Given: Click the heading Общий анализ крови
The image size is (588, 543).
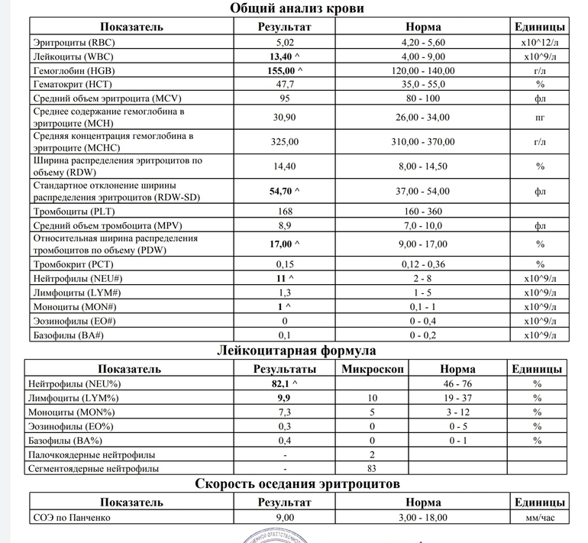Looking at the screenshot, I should click(x=296, y=8).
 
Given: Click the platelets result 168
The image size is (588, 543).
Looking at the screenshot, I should click(x=285, y=212).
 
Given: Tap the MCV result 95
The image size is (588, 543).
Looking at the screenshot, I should click(x=285, y=99).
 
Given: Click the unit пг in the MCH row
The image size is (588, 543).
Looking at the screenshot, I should click(x=540, y=118).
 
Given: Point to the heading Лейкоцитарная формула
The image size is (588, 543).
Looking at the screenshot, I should click(x=297, y=351).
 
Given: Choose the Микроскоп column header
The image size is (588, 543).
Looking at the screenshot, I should click(x=372, y=369).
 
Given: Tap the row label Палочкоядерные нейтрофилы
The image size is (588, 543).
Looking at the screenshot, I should click(x=95, y=454).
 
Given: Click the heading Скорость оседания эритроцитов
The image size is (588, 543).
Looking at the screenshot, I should click(x=297, y=484).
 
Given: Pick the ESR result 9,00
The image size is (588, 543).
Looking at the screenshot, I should click(x=285, y=518).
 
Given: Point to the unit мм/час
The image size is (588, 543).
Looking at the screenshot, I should click(x=540, y=518).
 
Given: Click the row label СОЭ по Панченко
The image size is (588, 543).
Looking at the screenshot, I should click(x=72, y=518).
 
